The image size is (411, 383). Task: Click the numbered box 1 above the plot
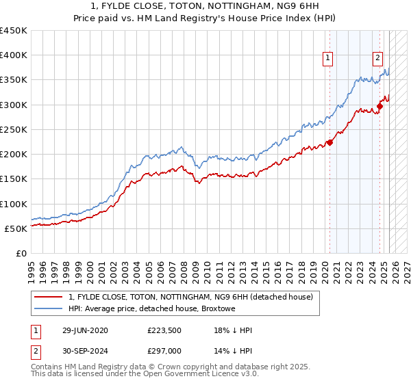(x=329, y=59)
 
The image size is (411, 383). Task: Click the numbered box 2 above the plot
(x=377, y=59)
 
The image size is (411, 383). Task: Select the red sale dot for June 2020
(x=329, y=142)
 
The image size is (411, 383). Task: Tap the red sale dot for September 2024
(x=379, y=106)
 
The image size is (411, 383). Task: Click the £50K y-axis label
(x=16, y=228)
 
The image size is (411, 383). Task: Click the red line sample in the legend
(x=48, y=298)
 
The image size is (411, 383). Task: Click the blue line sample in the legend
(x=48, y=309)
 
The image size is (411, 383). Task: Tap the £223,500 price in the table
(x=165, y=330)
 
